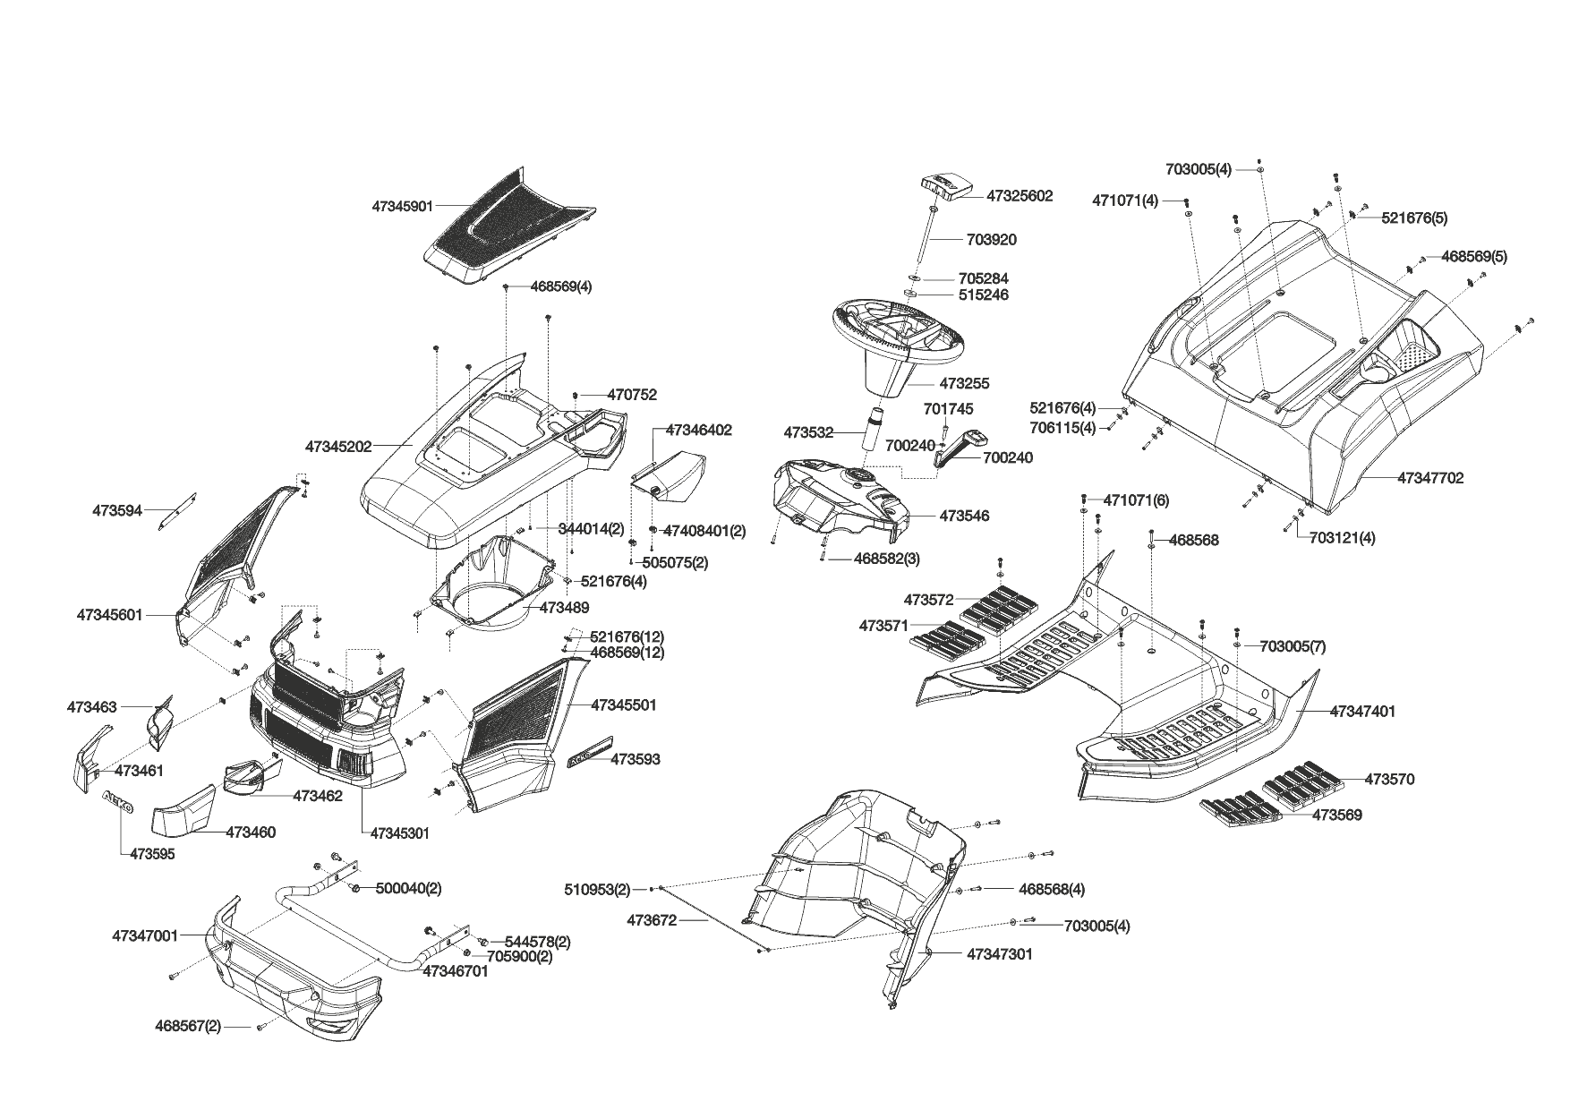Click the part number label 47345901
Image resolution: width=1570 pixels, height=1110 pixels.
[402, 206]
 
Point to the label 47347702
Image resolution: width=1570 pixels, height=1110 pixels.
[1430, 478]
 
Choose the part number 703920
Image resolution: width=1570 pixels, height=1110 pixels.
[991, 240]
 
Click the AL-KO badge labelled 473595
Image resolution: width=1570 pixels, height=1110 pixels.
[117, 802]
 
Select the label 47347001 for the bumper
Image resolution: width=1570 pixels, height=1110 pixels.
[145, 935]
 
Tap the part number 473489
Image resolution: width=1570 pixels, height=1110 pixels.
[564, 608]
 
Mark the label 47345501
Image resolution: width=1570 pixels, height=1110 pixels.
[623, 705]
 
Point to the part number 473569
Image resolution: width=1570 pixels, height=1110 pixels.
[1336, 815]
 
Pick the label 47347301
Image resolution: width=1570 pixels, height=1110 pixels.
[999, 954]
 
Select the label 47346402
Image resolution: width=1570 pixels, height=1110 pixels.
[698, 431]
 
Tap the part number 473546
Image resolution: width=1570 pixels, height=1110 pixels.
[964, 516]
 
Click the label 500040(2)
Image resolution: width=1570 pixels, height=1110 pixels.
[408, 888]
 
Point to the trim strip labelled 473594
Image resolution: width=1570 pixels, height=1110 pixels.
[178, 510]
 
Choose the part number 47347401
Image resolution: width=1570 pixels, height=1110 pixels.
[1362, 712]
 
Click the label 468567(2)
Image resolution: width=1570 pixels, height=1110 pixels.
[188, 1026]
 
